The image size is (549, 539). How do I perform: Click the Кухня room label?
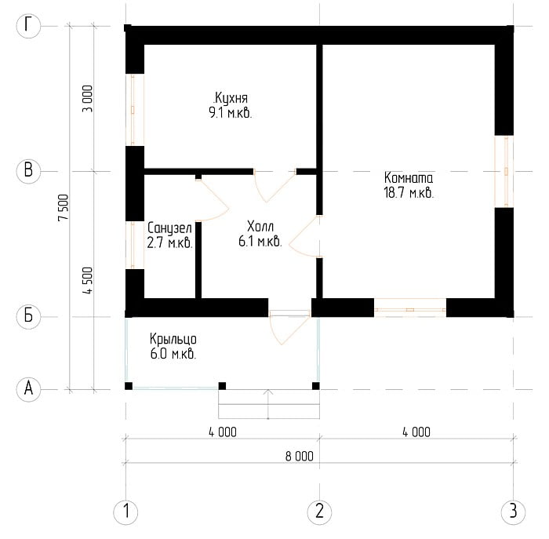231,98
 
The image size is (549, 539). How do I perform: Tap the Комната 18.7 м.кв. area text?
409,193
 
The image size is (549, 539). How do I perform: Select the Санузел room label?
170,228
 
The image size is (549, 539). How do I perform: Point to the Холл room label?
260,226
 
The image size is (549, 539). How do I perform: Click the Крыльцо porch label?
173,340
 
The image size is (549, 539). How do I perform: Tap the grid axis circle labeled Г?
28,26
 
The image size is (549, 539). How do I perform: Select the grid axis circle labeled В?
28,171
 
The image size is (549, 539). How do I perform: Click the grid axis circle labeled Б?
28,316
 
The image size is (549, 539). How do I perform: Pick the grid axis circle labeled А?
28,389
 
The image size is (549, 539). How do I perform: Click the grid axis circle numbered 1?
125,512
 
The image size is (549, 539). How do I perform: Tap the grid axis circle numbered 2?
319,512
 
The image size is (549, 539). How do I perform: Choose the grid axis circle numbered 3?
513,512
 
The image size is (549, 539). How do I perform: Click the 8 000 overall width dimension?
300,457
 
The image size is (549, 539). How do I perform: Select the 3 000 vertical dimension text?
88,99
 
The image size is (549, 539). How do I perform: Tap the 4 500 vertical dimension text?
88,281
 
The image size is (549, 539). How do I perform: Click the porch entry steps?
269,404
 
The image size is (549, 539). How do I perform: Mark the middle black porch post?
222,386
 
